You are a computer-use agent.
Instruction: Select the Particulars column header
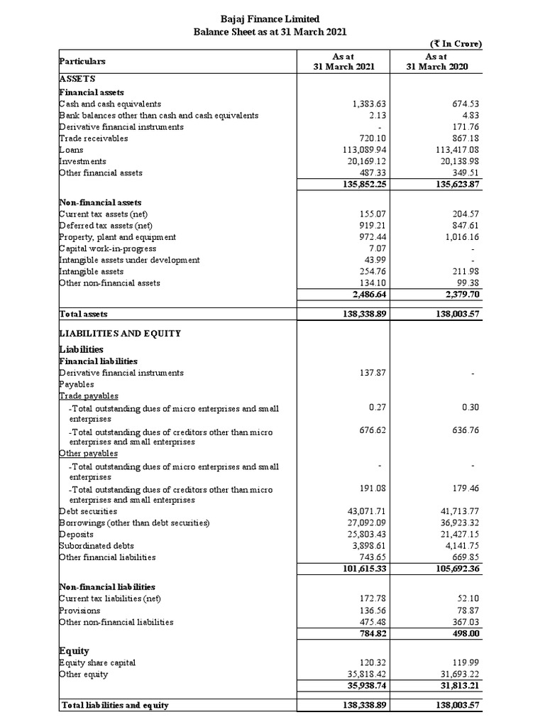82,62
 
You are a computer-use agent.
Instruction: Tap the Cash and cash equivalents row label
110,104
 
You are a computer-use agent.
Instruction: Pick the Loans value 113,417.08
458,150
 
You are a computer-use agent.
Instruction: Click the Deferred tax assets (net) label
106,225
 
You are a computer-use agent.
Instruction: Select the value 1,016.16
461,236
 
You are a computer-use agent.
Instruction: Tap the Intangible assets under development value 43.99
374,260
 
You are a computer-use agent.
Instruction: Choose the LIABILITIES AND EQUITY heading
120,333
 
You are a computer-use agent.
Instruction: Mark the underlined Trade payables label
89,395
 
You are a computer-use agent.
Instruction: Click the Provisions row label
80,611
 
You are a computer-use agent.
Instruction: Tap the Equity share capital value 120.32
374,662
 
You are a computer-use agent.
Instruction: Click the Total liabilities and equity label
116,706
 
